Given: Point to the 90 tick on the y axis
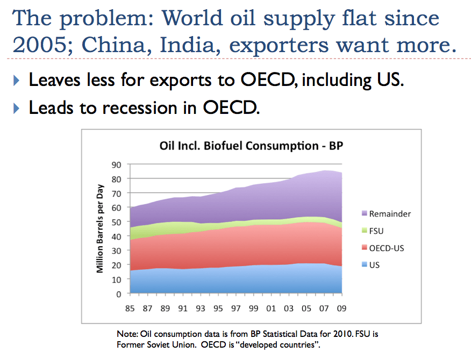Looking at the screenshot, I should pos(116,165).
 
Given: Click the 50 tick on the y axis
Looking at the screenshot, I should pos(116,222).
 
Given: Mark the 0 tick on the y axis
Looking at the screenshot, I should pos(119,294).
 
